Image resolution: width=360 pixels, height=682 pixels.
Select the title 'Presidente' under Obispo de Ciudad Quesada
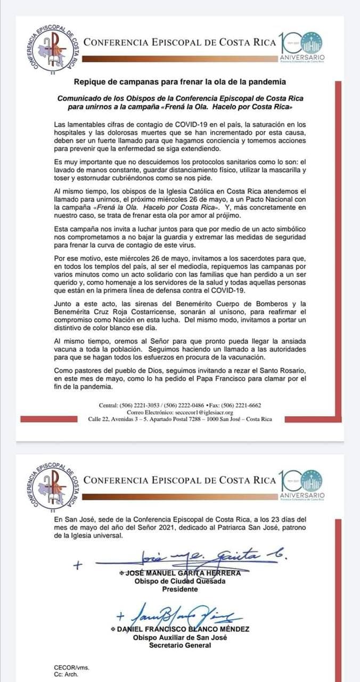(x=179, y=589)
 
